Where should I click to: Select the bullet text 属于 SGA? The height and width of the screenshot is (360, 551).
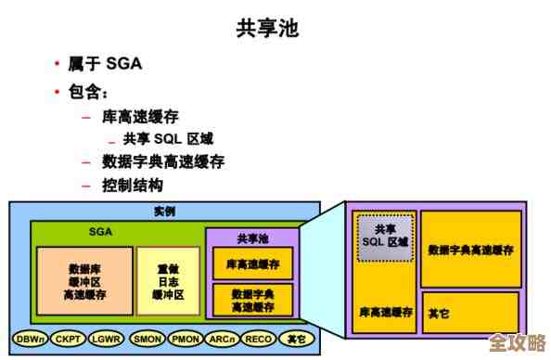[x=104, y=64]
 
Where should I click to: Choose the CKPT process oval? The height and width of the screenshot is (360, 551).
[x=67, y=340]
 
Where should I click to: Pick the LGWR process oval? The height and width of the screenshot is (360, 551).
[x=105, y=340]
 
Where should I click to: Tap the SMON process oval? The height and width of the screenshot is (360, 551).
[x=147, y=340]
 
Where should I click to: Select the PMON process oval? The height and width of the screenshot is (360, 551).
[x=186, y=340]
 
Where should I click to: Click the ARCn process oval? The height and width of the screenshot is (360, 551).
[x=223, y=340]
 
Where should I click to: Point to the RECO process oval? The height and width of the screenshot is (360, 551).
[x=258, y=340]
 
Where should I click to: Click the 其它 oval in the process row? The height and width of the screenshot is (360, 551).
[x=295, y=340]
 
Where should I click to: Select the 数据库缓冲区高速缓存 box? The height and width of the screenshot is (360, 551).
[x=84, y=279]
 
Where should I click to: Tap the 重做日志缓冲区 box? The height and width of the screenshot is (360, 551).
[x=168, y=279]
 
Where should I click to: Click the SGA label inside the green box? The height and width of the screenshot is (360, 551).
[x=101, y=231]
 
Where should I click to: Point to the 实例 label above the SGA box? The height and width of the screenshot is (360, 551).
[x=164, y=212]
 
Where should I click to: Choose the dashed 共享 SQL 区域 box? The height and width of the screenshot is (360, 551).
[x=385, y=237]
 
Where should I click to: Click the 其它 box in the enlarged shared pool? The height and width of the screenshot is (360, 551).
[x=470, y=313]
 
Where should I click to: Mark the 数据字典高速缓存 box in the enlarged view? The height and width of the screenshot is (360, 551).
[x=470, y=250]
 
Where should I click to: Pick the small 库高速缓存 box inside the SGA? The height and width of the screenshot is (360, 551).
[x=252, y=264]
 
